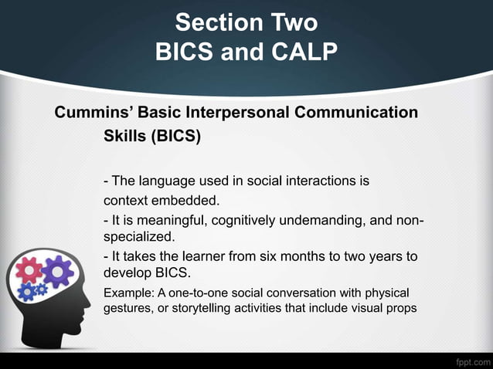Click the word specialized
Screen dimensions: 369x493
[138, 236]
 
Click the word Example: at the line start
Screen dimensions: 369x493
[128, 293]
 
